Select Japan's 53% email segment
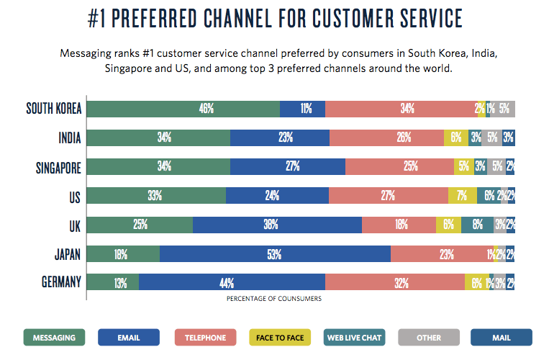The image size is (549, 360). click(x=275, y=253)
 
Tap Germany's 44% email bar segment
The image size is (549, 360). click(x=232, y=283)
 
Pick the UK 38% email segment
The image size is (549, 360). click(x=277, y=225)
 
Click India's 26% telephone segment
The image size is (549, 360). click(x=386, y=138)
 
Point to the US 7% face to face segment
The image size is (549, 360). click(x=462, y=196)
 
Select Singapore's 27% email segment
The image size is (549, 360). click(x=288, y=167)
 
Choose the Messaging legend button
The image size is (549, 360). click(x=55, y=337)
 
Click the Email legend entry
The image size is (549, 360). click(x=127, y=337)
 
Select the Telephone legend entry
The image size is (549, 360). click(x=205, y=337)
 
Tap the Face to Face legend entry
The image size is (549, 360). click(x=281, y=337)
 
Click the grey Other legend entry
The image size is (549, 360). click(x=429, y=337)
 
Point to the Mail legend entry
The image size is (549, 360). click(x=501, y=337)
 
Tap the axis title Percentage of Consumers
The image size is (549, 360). click(x=274, y=297)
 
